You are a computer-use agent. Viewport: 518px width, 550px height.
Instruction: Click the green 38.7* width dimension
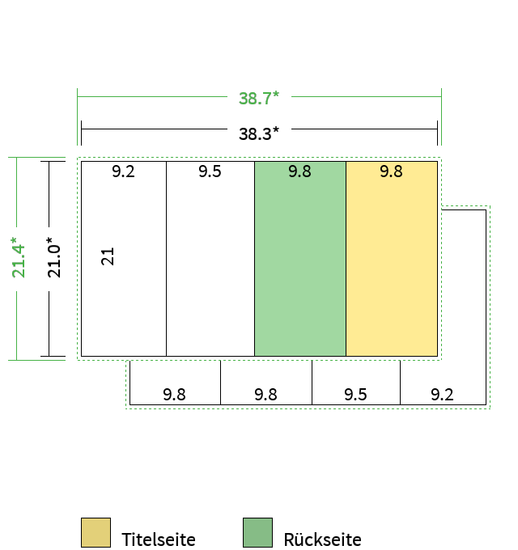(259, 98)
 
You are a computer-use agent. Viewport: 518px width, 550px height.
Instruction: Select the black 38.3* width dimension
(259, 133)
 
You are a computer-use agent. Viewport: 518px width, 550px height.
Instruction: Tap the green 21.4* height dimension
(19, 257)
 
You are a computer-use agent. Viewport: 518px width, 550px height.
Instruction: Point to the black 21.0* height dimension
(54, 257)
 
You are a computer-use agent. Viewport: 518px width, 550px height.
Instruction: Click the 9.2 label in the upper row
(123, 171)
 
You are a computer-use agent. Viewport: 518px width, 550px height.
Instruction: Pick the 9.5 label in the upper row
(210, 171)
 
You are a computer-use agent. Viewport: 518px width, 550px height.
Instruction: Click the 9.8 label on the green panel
(299, 171)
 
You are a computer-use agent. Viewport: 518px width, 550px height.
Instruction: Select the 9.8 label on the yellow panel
(391, 171)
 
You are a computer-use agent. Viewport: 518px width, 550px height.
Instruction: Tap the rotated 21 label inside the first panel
(108, 256)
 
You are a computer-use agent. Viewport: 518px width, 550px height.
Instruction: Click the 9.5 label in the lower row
(355, 395)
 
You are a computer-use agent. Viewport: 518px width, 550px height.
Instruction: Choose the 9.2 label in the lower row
(442, 395)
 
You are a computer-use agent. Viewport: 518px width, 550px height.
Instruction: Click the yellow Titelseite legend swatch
(96, 532)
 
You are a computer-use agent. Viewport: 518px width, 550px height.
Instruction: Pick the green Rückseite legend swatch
(257, 532)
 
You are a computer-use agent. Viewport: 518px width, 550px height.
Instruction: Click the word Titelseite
(159, 539)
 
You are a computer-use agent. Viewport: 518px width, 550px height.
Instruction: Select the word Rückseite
(322, 539)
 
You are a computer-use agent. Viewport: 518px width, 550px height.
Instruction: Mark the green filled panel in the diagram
(300, 259)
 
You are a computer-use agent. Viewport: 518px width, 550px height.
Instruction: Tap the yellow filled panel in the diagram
(392, 259)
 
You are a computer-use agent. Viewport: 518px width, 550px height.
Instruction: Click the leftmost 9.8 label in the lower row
(175, 395)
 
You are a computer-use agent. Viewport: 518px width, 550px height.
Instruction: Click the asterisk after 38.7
(276, 95)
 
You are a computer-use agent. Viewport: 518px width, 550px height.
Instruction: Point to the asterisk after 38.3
(276, 130)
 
